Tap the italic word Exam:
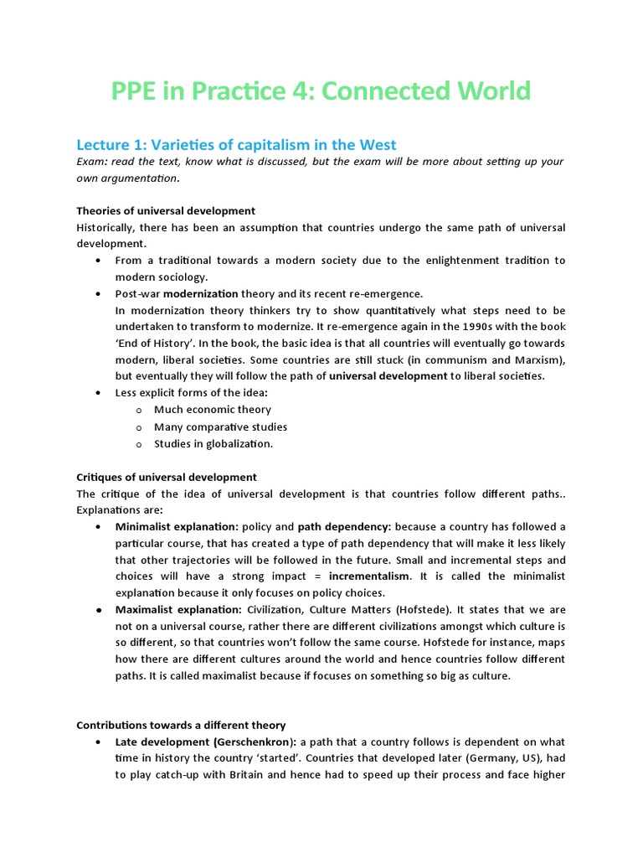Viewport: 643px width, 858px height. [x=94, y=162]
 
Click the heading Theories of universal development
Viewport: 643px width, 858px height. [x=166, y=210]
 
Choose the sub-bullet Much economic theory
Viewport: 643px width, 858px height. [x=212, y=410]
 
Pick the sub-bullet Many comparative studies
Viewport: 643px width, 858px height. [x=220, y=426]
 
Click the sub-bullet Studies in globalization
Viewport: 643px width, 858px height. [x=213, y=443]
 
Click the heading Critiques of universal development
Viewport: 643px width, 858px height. [x=167, y=477]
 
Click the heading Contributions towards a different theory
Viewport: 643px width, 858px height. [x=181, y=725]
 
